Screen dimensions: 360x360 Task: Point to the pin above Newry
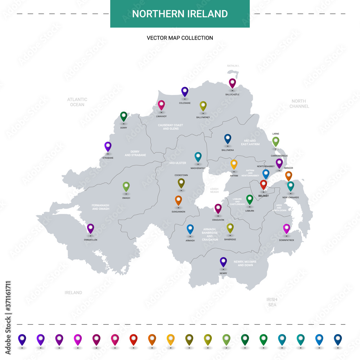(223, 262)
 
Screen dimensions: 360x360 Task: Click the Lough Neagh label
(214, 190)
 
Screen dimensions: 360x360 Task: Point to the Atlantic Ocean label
(77, 102)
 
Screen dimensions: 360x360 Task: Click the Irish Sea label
(272, 302)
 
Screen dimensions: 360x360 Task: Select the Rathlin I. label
(233, 66)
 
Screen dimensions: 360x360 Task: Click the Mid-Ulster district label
(177, 163)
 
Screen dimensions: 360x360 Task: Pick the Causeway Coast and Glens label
(170, 127)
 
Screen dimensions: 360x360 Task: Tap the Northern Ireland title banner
(180, 14)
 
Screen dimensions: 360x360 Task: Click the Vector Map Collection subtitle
(180, 38)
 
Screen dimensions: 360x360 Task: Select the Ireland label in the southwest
(73, 293)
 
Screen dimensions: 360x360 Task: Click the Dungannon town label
(178, 212)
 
